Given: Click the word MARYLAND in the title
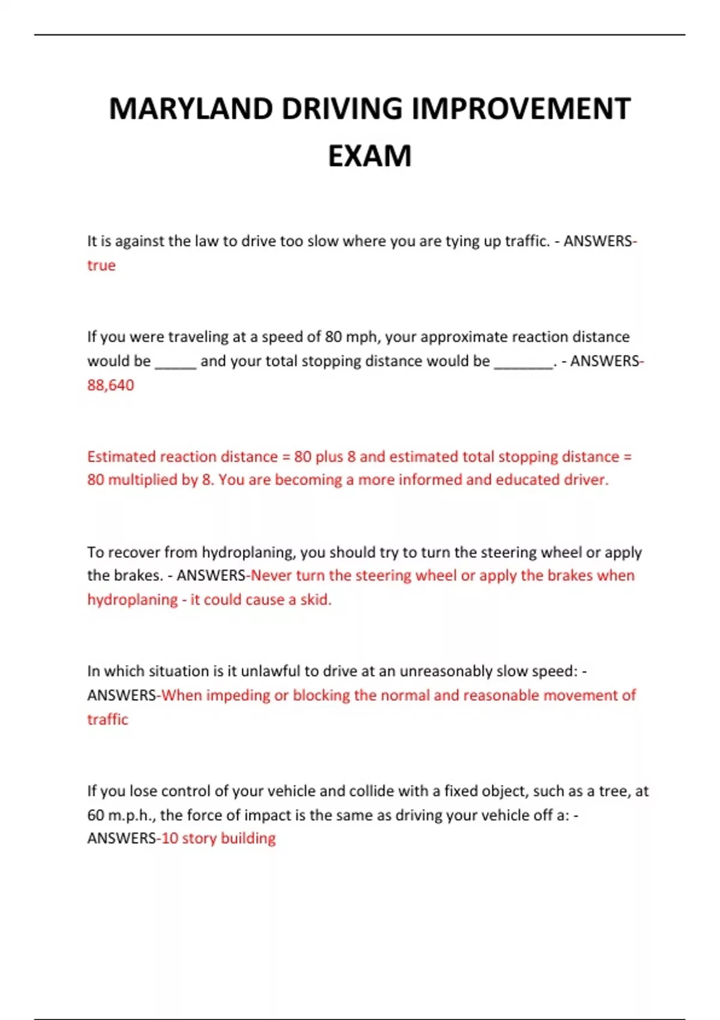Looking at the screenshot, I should [x=191, y=109].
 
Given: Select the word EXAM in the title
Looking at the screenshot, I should [x=370, y=156].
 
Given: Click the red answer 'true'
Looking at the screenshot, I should [x=101, y=265].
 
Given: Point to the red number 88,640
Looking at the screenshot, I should [x=110, y=385].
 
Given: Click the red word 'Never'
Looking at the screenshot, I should [x=271, y=575].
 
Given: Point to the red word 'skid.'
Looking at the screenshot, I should [x=315, y=599].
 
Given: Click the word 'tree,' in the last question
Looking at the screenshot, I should [x=613, y=791].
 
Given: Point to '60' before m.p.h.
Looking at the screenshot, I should [x=95, y=815].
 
